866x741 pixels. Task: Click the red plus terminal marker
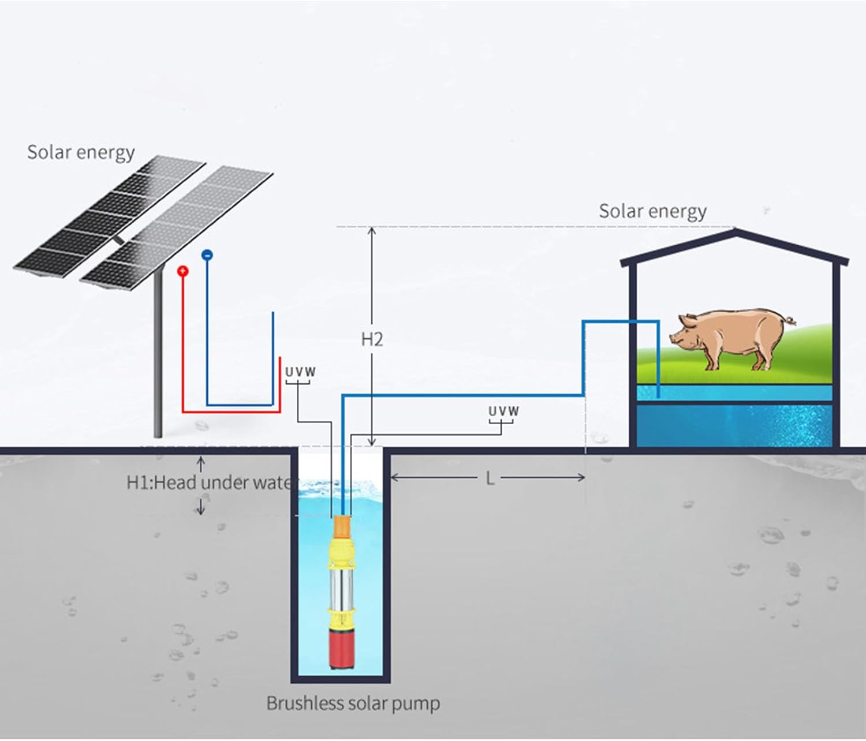click(183, 271)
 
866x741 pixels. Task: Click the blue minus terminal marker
click(207, 255)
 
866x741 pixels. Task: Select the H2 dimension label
click(372, 339)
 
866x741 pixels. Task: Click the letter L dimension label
click(490, 478)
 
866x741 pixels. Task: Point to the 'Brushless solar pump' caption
click(353, 703)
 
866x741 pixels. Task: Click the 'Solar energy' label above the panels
click(81, 152)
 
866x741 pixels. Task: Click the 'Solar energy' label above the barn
click(652, 211)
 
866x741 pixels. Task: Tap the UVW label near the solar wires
click(301, 372)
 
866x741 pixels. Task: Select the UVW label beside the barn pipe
click(503, 411)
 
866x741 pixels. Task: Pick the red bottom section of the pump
click(339, 649)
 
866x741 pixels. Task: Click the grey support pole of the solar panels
click(158, 358)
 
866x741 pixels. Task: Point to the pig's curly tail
click(790, 319)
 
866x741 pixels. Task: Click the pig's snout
click(673, 338)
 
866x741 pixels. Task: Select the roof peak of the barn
click(734, 233)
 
